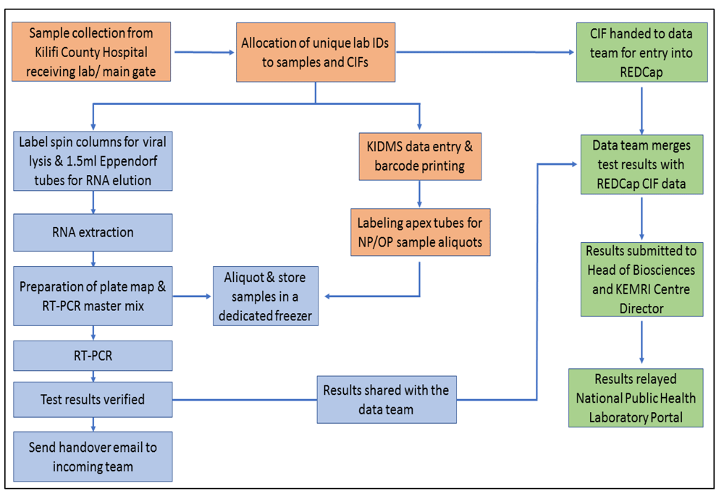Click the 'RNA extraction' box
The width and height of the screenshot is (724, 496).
93,232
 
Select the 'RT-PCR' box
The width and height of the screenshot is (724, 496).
93,356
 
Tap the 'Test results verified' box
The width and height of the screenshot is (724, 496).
93,399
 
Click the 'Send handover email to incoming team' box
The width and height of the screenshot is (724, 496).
93,457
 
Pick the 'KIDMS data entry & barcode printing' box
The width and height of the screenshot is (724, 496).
420,156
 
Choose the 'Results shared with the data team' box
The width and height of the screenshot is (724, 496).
387,400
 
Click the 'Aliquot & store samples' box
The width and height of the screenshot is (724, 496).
266,296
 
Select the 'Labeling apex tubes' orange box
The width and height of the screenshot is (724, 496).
420,232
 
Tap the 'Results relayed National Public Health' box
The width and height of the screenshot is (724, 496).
636,398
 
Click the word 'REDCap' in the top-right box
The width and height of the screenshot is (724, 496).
641,72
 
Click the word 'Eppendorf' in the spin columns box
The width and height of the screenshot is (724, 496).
128,161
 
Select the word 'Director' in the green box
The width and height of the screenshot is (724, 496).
641,309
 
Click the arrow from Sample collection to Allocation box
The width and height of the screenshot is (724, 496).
205,53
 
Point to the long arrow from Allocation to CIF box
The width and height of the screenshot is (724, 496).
485,53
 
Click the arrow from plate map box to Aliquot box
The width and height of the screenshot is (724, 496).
192,296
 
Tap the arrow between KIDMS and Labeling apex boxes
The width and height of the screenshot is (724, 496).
419,194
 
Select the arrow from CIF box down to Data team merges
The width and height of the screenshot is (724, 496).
641,111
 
